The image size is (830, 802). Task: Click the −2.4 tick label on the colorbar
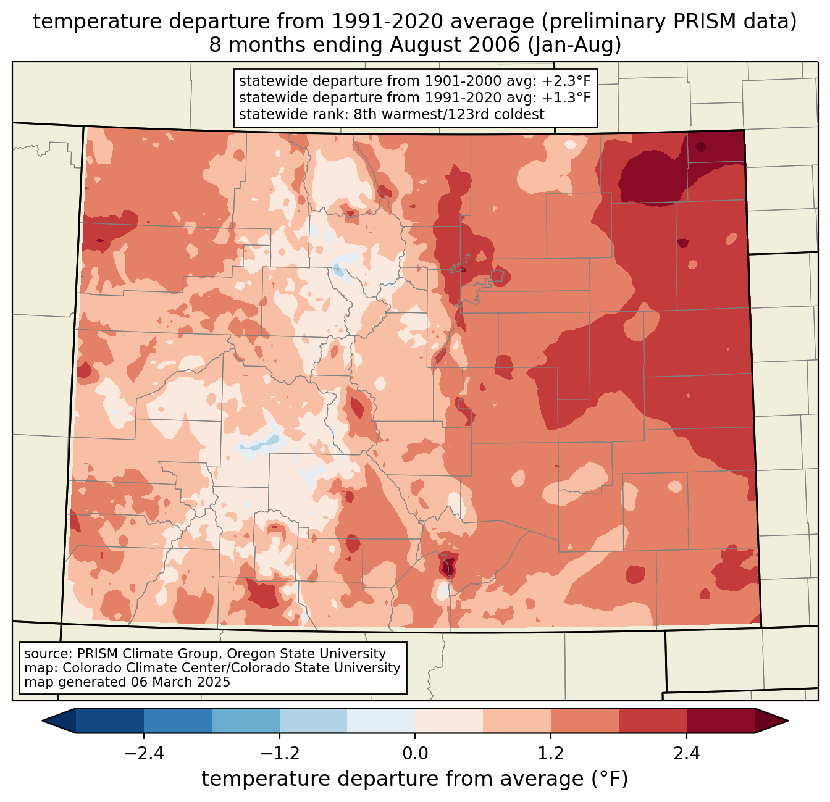pos(144,754)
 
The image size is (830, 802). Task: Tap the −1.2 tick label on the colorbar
pos(279,754)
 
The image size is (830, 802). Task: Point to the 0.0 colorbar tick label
pos(415,754)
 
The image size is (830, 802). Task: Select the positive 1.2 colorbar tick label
pos(551,754)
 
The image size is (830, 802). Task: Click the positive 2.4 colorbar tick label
pos(686,754)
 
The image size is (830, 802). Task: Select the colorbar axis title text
pos(415,779)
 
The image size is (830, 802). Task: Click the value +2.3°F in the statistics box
pos(567,81)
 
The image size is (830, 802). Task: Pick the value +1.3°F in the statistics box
pos(567,98)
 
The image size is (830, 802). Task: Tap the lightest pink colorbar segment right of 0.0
pos(449,721)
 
